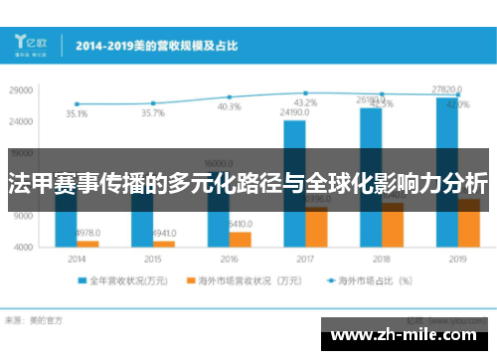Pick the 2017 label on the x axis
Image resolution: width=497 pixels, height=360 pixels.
(304, 258)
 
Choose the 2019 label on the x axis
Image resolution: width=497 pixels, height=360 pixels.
(457, 258)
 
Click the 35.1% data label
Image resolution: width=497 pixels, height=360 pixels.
(76, 114)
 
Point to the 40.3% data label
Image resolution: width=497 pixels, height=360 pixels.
(229, 106)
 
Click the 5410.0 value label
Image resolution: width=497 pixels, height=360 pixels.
(242, 224)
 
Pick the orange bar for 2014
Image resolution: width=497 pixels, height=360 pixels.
(87, 243)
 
